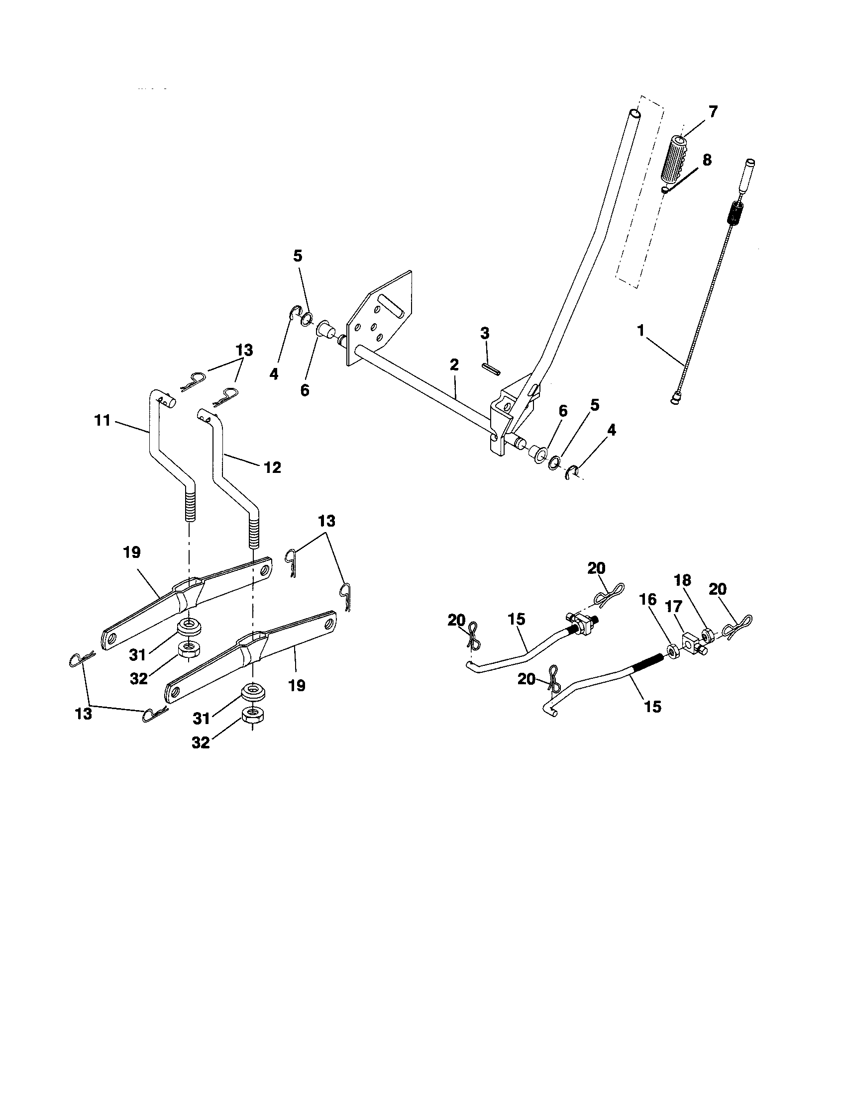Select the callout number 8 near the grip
pos(707,161)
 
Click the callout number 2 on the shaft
pos(454,365)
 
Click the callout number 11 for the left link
pos(102,420)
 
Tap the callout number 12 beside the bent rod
pos(272,467)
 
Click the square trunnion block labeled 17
pos(691,641)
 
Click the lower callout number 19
pos(297,685)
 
